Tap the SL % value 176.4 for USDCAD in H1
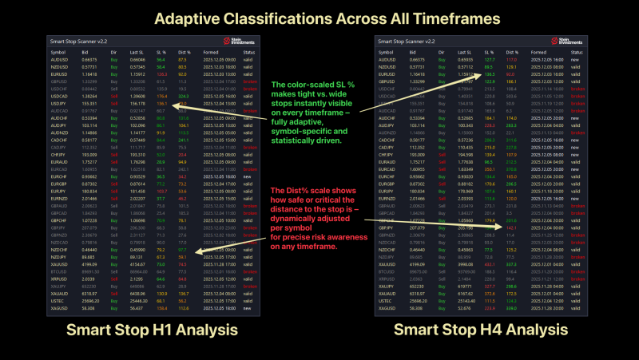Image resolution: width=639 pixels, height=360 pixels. tap(161, 95)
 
